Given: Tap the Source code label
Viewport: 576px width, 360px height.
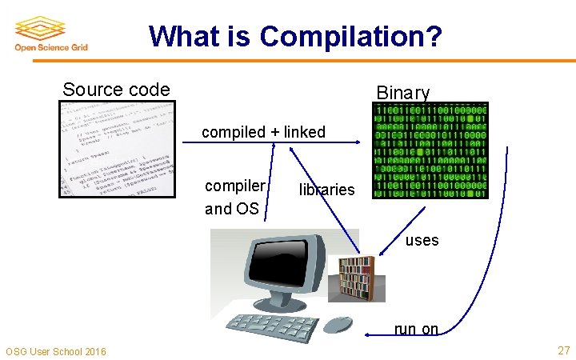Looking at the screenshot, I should (116, 90).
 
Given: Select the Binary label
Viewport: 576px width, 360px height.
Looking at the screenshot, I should (403, 93).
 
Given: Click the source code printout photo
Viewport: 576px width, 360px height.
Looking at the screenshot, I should (117, 149).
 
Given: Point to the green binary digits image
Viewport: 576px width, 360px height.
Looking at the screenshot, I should (430, 151).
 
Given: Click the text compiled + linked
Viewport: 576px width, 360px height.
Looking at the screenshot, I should (263, 132).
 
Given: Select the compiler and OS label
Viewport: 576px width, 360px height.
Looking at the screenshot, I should (234, 197).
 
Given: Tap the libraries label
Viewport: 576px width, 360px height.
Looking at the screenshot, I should (326, 190).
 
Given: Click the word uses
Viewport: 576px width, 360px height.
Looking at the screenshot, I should (422, 240).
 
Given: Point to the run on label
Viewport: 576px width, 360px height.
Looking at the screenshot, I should (416, 329).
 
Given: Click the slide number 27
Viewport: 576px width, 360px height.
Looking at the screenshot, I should (563, 350).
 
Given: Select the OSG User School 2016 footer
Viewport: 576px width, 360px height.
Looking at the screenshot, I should (55, 351).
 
